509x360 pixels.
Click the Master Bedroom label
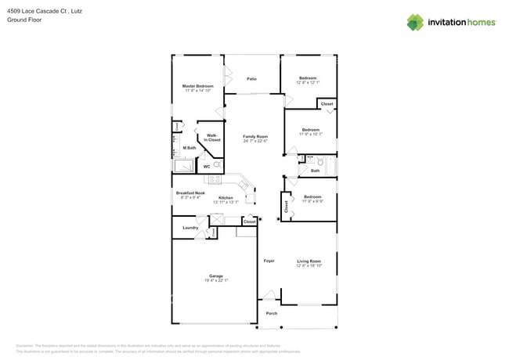tap(197, 86)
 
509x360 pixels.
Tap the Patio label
tap(251, 79)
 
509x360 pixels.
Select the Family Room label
tap(255, 136)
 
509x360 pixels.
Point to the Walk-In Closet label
tap(212, 138)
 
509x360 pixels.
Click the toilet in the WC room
tap(216, 165)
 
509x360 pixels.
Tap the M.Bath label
tap(189, 148)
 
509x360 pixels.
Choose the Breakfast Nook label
tap(190, 193)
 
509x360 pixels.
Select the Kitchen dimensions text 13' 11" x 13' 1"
tap(226, 203)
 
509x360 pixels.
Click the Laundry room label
tap(190, 228)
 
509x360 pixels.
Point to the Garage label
tap(215, 275)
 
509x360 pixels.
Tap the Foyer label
tap(269, 261)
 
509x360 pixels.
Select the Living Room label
tap(309, 261)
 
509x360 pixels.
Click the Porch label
tap(271, 313)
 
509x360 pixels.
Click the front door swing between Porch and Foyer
tap(269, 295)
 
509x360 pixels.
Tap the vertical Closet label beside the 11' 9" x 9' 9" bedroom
tap(287, 207)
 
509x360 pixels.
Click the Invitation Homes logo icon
tap(414, 22)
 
